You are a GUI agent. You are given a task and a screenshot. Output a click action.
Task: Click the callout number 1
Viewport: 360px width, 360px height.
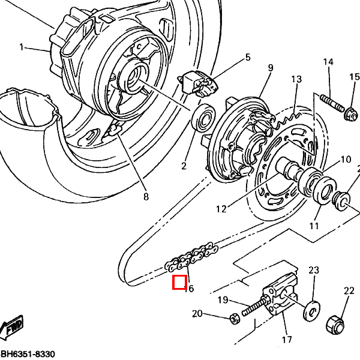[x=22, y=47]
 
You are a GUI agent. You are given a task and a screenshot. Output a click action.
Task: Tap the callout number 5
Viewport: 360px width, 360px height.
[x=247, y=58]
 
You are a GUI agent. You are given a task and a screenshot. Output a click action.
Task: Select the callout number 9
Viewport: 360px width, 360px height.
[x=270, y=68]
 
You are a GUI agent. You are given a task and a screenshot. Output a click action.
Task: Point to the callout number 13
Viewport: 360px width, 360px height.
[x=296, y=80]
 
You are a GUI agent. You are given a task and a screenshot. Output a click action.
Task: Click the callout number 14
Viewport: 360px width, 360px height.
[x=328, y=62]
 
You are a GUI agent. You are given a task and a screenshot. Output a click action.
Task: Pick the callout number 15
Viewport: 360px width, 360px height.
[x=354, y=76]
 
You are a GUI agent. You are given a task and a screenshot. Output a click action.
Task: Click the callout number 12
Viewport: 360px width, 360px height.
[x=221, y=209]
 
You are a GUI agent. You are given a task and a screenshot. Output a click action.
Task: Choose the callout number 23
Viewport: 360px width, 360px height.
[x=313, y=270]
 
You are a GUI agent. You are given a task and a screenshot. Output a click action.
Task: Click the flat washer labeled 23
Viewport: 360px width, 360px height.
[x=311, y=308]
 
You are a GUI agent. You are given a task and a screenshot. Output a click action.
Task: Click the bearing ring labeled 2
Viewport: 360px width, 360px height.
[x=203, y=116]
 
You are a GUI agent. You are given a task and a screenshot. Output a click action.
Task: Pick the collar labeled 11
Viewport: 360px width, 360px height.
[x=342, y=200]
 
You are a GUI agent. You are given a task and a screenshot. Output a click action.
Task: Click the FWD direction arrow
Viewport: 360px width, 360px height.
[x=12, y=329]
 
